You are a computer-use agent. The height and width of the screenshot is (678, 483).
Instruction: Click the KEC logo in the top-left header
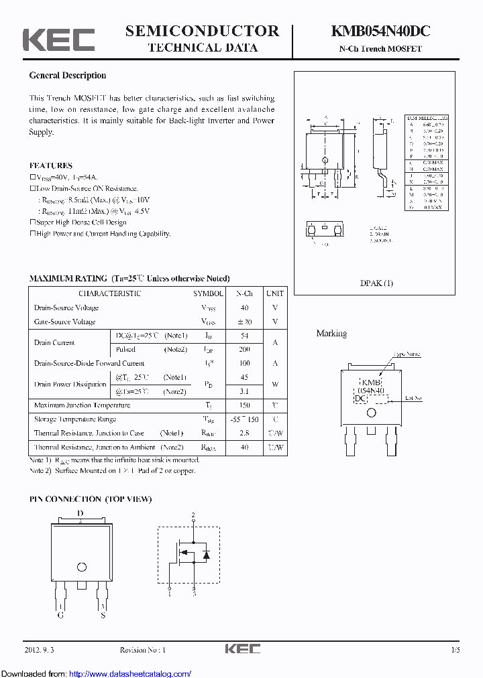59,40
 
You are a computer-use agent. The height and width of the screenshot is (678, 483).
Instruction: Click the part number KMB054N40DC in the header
380,31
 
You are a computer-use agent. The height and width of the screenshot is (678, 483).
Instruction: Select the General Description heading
68,76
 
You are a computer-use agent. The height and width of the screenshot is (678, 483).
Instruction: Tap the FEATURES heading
51,165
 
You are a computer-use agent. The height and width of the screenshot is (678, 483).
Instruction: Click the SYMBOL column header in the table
209,293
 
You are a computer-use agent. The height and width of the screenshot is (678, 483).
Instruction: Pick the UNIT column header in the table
274,293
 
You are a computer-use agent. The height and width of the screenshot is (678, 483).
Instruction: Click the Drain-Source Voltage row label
66,308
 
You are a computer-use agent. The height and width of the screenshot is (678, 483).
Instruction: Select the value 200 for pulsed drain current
244,350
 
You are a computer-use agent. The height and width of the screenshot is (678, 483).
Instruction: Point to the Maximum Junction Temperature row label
82,405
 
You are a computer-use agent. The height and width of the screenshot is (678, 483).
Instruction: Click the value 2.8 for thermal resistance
244,433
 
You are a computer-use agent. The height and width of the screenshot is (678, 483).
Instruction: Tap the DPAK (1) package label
376,283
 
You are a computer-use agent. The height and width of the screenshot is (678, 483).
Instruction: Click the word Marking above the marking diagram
331,334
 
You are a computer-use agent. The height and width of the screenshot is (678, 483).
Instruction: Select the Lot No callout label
414,398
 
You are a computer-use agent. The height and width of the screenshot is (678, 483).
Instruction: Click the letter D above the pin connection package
80,514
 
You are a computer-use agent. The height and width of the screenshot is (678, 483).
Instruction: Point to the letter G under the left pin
61,614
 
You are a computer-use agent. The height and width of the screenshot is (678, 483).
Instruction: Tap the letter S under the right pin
103,614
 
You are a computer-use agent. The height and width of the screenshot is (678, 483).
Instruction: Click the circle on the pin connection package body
82,567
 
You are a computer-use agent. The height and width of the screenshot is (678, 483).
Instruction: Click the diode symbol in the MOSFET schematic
206,554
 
